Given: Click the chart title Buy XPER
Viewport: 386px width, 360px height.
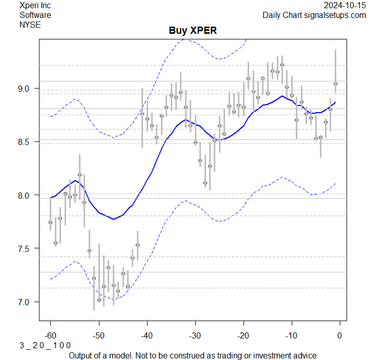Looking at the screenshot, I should pyautogui.click(x=193, y=30).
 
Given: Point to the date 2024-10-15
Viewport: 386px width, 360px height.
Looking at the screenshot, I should pyautogui.click(x=345, y=5).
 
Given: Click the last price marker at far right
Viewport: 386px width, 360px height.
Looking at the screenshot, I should pyautogui.click(x=335, y=83).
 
